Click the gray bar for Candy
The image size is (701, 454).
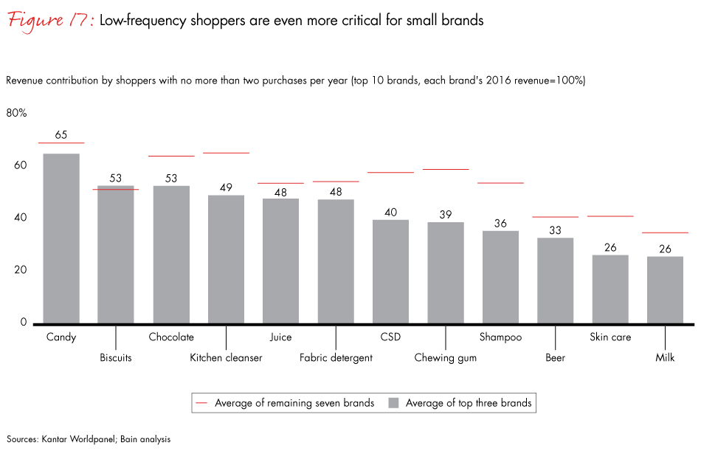click(x=61, y=238)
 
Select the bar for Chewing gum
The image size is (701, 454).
click(x=446, y=272)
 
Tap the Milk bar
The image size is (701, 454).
click(x=665, y=289)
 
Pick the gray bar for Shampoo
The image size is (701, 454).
click(x=500, y=277)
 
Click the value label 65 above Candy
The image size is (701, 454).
click(x=61, y=135)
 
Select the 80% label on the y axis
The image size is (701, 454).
click(x=17, y=113)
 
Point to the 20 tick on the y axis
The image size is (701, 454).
click(x=21, y=270)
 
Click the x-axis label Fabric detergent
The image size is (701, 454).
click(x=336, y=358)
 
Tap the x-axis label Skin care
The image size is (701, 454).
click(x=610, y=337)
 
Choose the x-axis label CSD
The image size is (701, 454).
click(x=390, y=337)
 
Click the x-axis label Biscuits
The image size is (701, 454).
click(x=116, y=358)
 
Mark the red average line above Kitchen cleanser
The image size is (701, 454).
click(x=226, y=153)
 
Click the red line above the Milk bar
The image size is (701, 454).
click(x=665, y=233)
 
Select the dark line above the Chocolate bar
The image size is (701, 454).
click(x=171, y=156)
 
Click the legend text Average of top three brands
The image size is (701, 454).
click(x=468, y=403)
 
